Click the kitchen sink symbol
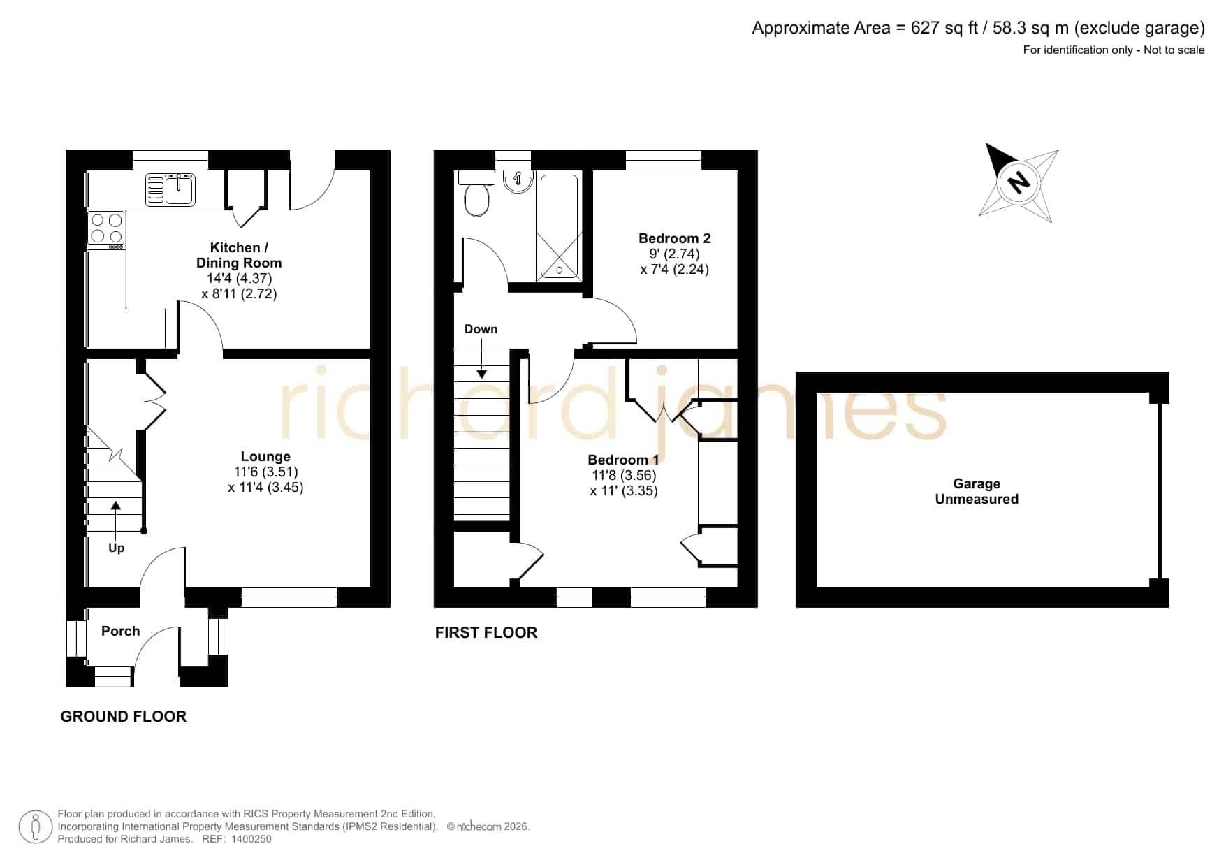click(170, 190)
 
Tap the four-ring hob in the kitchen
click(106, 229)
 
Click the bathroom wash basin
click(518, 182)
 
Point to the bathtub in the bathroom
click(558, 227)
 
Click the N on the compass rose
click(1019, 182)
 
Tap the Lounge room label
click(265, 456)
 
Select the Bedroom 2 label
click(674, 238)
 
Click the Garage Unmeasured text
click(977, 491)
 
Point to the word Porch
click(120, 631)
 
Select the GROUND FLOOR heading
click(124, 716)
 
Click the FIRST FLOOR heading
click(486, 632)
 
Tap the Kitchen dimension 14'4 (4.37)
click(239, 278)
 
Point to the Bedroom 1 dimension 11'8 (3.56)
click(624, 475)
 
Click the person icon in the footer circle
click(35, 827)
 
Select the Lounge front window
click(289, 597)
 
